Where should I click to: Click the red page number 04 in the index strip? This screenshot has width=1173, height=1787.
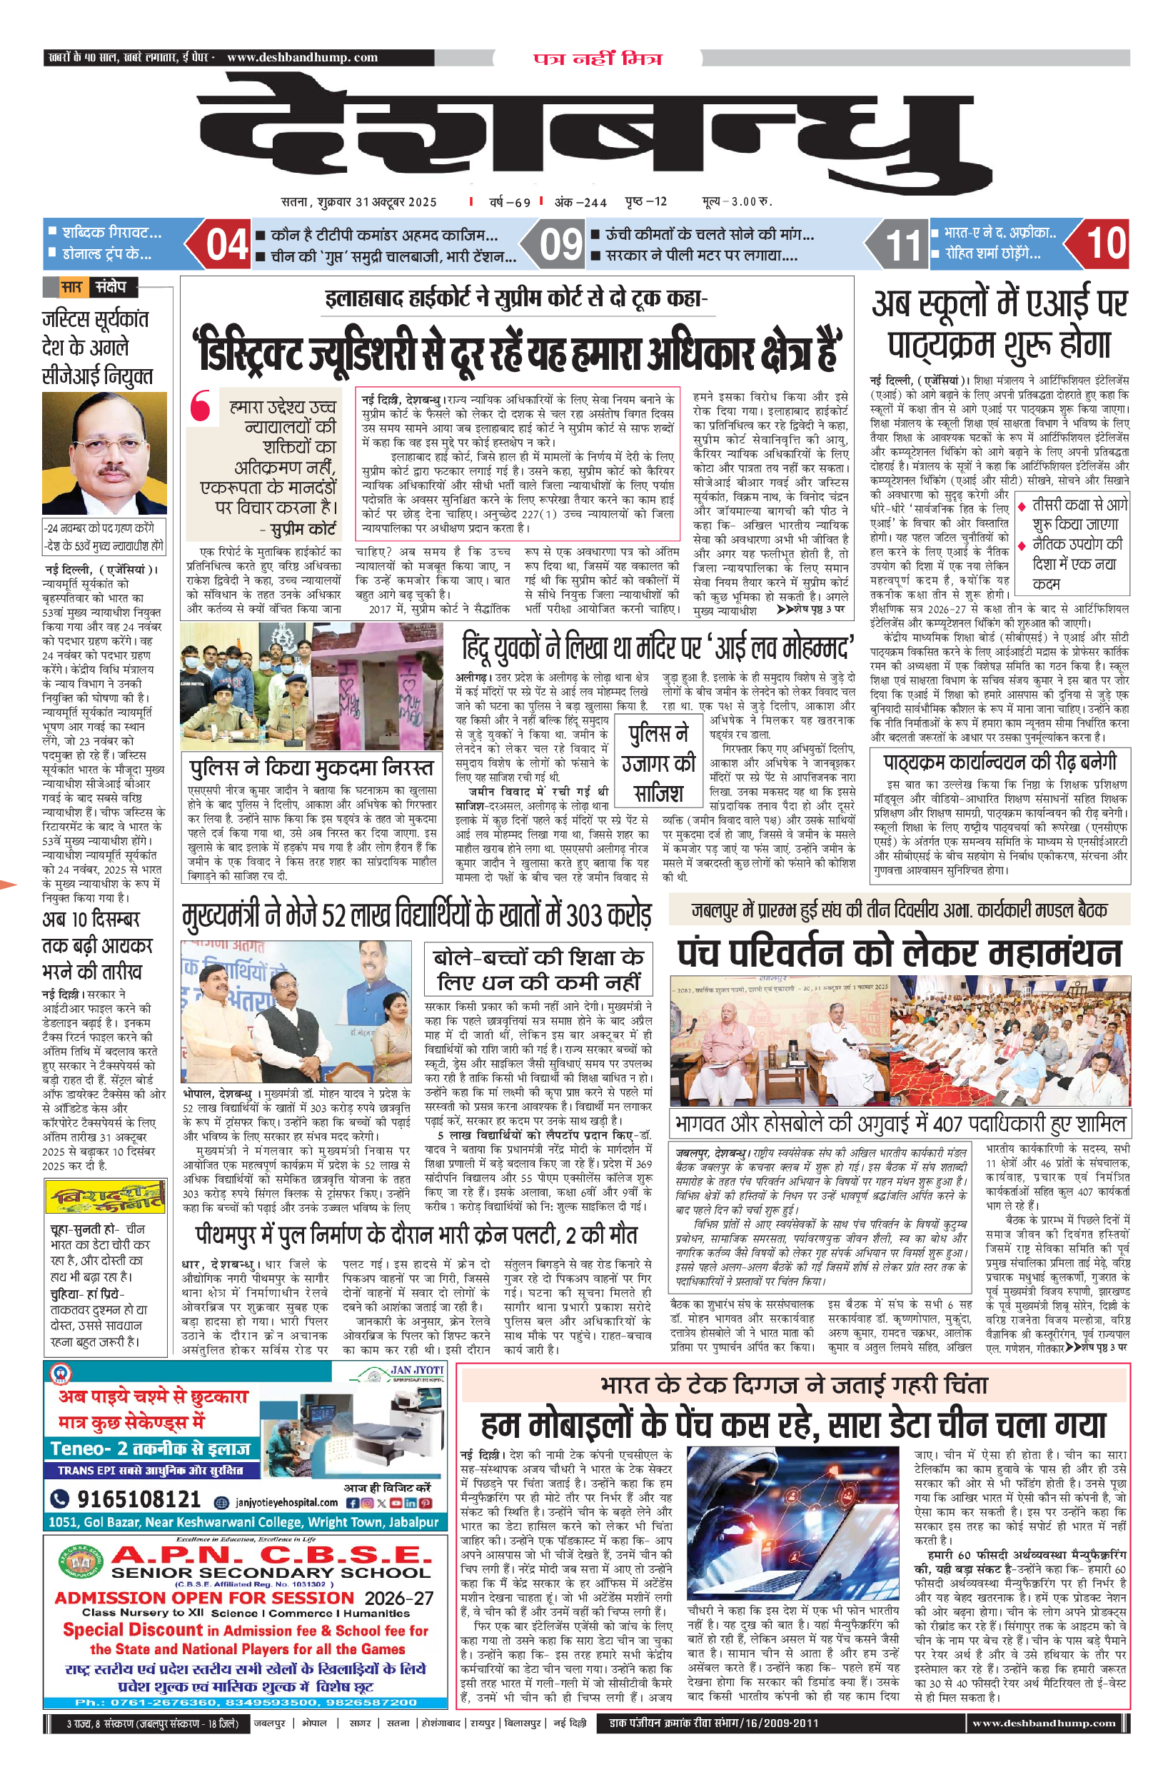click(x=227, y=245)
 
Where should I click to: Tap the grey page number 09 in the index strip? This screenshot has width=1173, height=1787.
click(x=560, y=245)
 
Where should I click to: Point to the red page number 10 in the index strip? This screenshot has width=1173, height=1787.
click(x=1105, y=243)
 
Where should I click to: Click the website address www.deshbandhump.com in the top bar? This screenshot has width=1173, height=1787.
click(x=302, y=57)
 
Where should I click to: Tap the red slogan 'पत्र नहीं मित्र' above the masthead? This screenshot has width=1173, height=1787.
click(x=598, y=59)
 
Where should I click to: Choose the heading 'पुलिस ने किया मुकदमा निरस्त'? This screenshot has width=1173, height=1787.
click(x=312, y=768)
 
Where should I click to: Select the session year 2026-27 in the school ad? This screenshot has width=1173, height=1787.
click(x=399, y=1598)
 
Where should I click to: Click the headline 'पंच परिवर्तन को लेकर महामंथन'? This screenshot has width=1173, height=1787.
click(x=899, y=953)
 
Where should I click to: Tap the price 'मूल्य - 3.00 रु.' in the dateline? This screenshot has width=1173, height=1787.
click(x=737, y=201)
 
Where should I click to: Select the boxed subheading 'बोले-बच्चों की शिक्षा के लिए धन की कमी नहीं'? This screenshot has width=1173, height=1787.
click(x=538, y=970)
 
